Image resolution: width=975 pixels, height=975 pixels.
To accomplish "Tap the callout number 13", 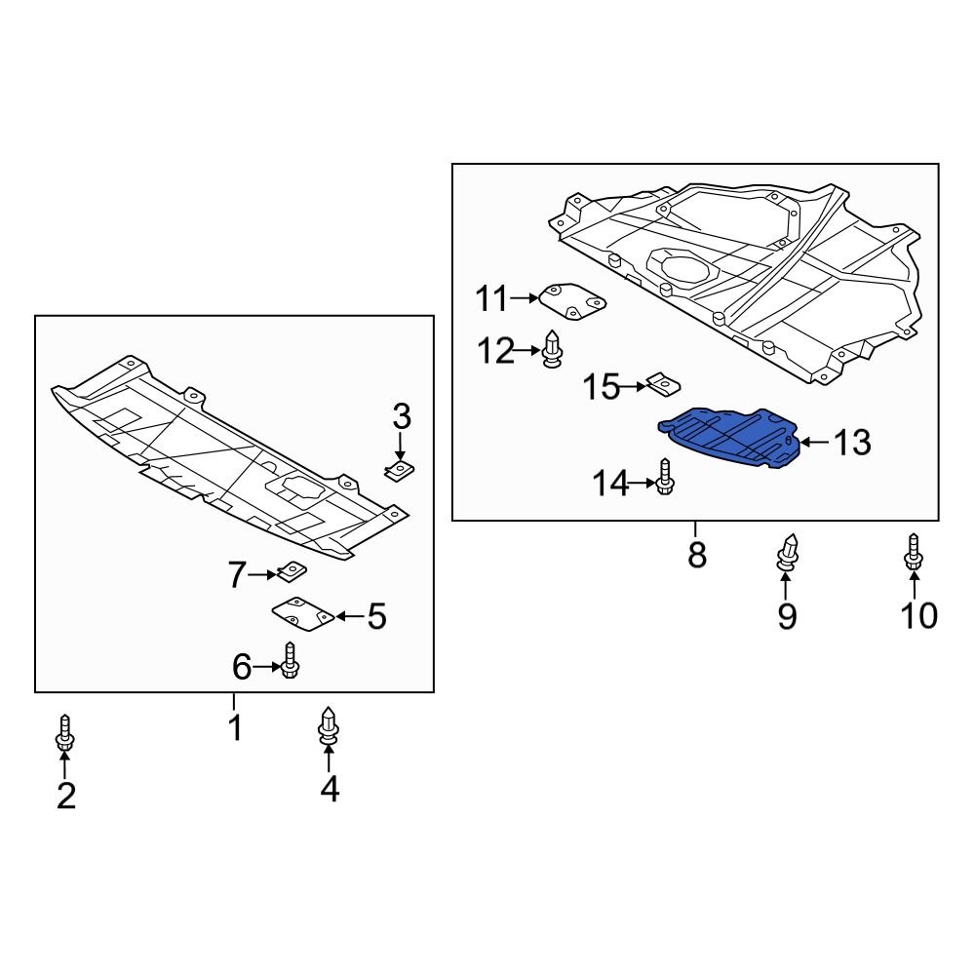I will (851, 443).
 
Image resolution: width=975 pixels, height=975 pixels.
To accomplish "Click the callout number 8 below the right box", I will (696, 556).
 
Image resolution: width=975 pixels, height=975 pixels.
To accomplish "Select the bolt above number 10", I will (914, 553).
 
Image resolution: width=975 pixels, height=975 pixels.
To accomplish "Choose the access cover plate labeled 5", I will (301, 615).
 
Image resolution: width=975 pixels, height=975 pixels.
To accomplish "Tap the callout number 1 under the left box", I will (234, 726).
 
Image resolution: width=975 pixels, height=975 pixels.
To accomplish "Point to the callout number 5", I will (376, 616).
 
